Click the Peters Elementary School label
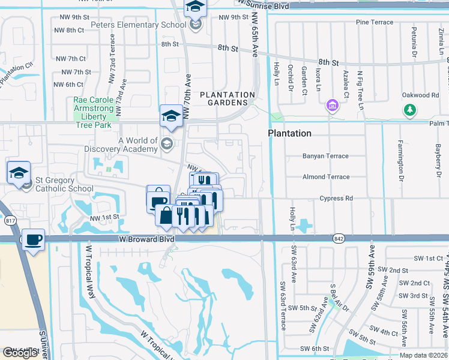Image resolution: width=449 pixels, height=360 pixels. (x=138, y=25)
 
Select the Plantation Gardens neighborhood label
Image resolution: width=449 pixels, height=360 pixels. (x=228, y=99)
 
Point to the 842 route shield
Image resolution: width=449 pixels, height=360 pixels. (x=338, y=239)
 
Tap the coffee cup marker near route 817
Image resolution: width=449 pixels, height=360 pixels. (x=33, y=240)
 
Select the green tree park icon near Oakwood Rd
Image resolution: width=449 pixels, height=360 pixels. (x=410, y=109)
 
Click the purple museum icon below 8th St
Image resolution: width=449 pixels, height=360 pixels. (x=331, y=106)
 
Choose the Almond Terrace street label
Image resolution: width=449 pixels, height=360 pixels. (x=326, y=177)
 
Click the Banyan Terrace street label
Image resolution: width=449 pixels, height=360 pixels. (x=325, y=156)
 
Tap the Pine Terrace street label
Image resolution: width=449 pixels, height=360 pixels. (x=375, y=22)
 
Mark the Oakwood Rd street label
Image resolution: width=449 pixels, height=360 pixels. (x=420, y=95)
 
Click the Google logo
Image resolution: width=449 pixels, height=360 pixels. (x=20, y=353)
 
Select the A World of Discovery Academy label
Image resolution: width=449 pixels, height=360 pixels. (x=138, y=145)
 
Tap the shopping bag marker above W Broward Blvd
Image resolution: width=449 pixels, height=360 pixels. (x=165, y=215)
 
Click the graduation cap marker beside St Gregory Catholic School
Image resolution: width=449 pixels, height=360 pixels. (x=19, y=172)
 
